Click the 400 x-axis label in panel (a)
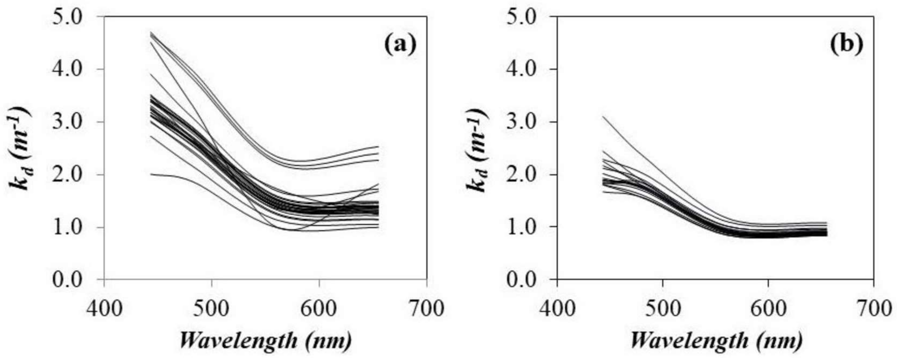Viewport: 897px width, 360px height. pyautogui.click(x=104, y=308)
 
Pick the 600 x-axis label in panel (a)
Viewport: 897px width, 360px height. pyautogui.click(x=319, y=308)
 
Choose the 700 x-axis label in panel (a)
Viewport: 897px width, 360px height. pyautogui.click(x=426, y=308)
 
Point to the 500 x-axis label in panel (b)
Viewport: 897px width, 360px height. pyautogui.click(x=663, y=308)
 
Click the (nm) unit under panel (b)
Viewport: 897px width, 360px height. pyautogui.click(x=779, y=341)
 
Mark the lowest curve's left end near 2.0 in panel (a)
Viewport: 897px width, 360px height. pyautogui.click(x=151, y=174)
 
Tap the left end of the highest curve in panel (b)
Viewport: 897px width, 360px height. pyautogui.click(x=603, y=117)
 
